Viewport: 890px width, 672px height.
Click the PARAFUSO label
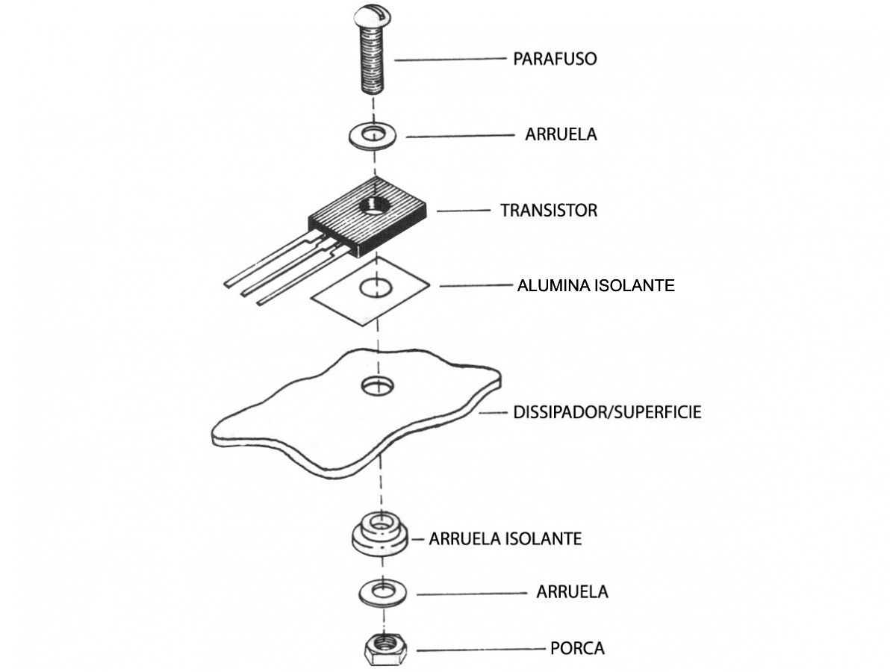coord(555,59)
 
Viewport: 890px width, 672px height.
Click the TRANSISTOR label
coord(549,211)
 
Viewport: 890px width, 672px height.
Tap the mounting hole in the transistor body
coord(373,206)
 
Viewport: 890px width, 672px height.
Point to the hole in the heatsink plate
coord(379,386)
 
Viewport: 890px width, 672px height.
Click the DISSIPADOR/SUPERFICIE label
coord(607,412)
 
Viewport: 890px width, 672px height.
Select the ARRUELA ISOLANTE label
coord(505,538)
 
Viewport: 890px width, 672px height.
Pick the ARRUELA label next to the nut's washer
coord(572,592)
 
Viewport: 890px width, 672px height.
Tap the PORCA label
coord(577,648)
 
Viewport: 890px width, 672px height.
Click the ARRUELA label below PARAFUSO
coord(561,135)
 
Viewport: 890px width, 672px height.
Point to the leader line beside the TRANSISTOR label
coord(463,211)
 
